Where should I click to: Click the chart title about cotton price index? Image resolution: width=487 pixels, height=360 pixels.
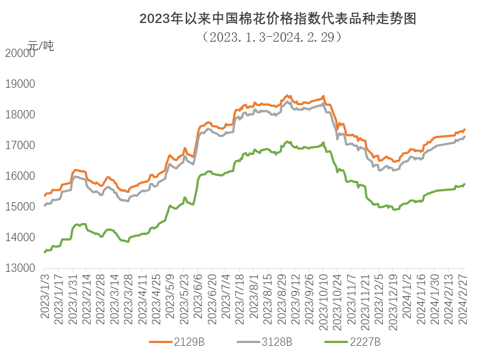click(278, 19)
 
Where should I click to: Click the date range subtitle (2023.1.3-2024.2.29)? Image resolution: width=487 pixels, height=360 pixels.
click(273, 37)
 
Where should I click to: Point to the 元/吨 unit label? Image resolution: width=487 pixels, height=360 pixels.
click(41, 46)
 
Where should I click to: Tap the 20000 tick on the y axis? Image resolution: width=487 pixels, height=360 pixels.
click(19, 53)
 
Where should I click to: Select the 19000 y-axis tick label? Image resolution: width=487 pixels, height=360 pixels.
click(19, 84)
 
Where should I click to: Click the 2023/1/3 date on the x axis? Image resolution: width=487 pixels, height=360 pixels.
click(44, 296)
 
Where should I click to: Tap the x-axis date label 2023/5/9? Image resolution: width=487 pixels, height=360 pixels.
click(170, 296)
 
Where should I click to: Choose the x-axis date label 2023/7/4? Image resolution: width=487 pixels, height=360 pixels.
click(226, 296)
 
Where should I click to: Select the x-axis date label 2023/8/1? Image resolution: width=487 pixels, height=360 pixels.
click(254, 296)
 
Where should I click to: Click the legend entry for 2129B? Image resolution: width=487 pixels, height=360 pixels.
click(177, 342)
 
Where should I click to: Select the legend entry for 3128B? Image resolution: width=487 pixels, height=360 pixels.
click(264, 342)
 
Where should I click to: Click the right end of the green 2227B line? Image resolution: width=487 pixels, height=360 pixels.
click(465, 184)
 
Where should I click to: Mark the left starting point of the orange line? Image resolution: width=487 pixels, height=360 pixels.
click(44, 196)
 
